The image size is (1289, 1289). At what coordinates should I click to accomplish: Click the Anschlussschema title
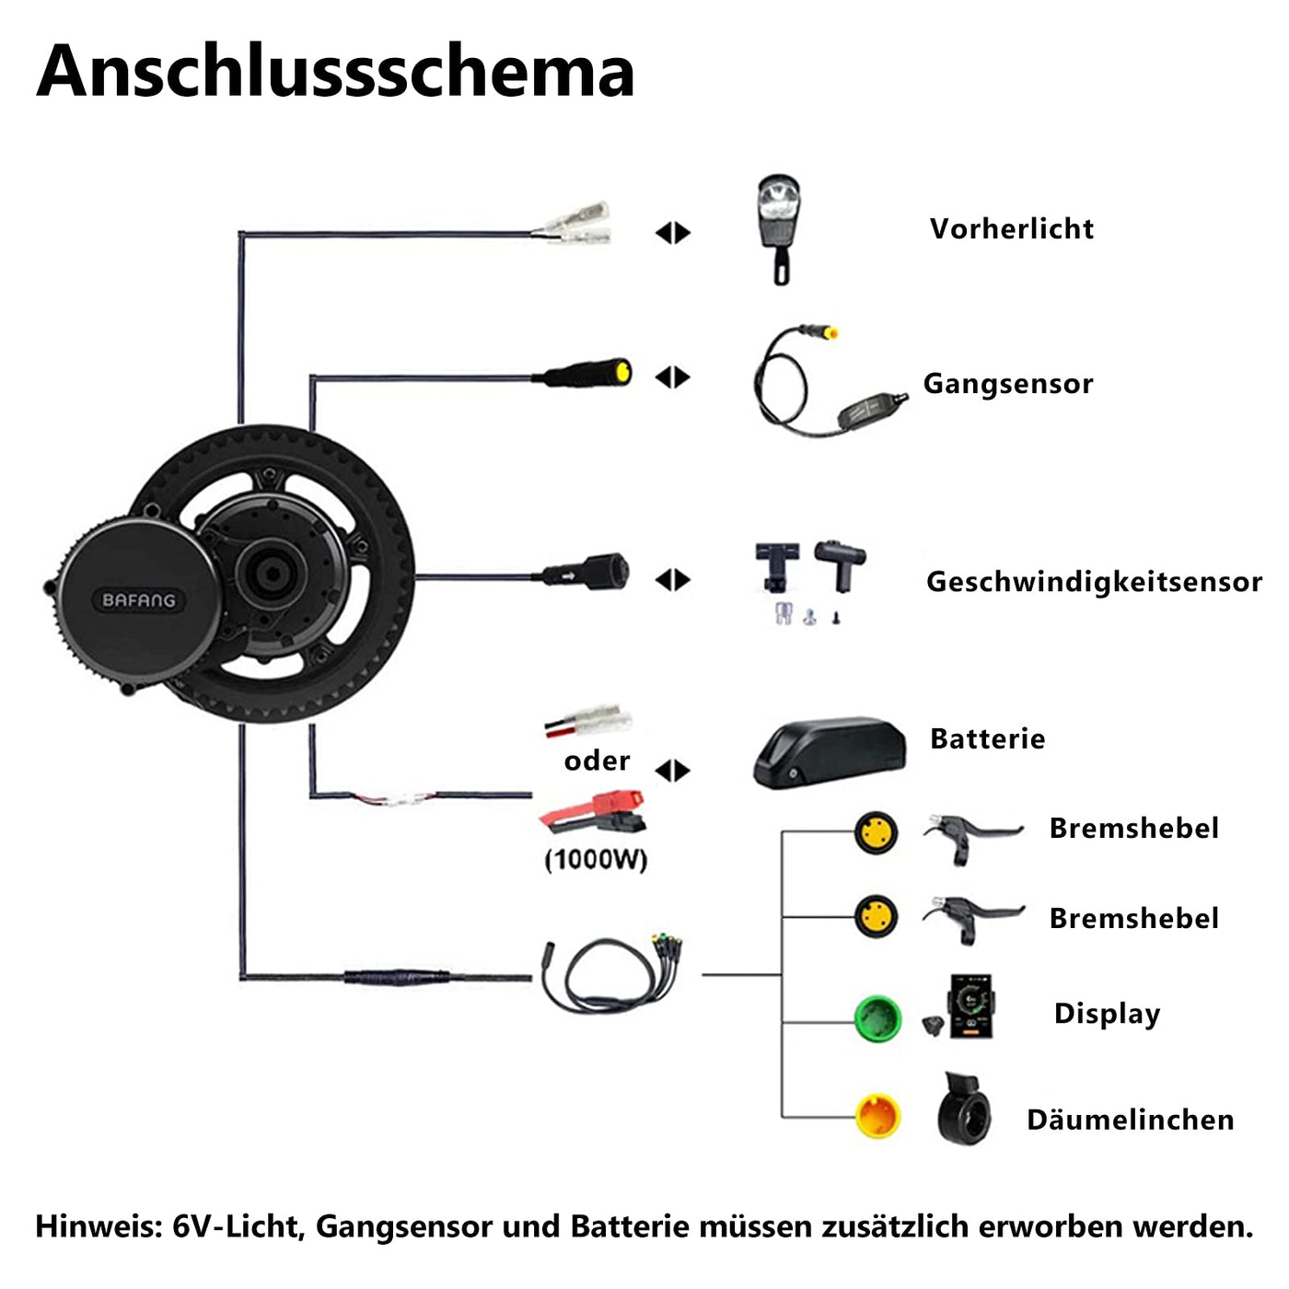335,71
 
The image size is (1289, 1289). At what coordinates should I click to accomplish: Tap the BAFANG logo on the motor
138,600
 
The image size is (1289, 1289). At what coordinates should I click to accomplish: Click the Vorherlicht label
1011,228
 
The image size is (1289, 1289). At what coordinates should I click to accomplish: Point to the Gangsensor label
1008,383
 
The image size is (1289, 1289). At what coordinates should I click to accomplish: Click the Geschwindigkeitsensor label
1094,582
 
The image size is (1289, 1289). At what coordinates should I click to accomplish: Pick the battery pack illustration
829,753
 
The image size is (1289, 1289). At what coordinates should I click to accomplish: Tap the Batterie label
987,738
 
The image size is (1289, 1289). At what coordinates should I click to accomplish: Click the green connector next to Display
877,1017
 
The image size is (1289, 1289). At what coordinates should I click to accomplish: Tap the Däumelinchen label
1130,1120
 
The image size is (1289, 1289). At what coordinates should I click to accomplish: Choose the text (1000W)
597,859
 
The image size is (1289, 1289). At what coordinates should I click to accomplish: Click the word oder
597,761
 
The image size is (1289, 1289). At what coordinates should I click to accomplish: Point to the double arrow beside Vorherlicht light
673,233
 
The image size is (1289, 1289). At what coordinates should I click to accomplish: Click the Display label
1107,1014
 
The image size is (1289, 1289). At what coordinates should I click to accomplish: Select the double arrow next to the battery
673,770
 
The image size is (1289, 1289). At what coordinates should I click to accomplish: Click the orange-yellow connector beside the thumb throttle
877,1116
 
